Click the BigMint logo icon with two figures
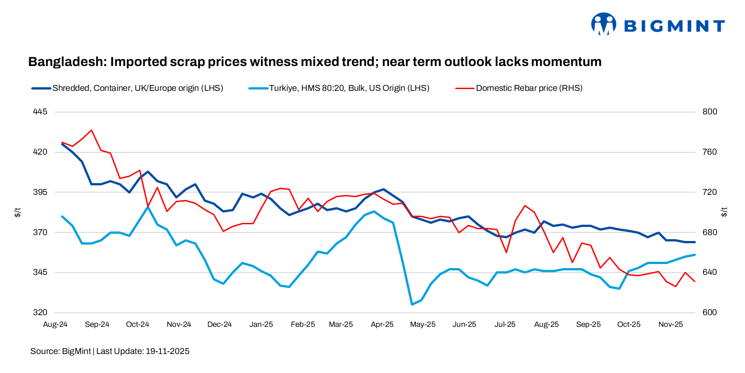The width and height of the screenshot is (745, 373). pos(604,24)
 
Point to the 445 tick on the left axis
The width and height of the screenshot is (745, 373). pos(40,112)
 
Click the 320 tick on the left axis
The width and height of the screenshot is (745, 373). pos(40,312)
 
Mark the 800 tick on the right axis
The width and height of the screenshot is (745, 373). pos(709,112)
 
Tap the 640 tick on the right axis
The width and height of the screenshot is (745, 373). pos(709,272)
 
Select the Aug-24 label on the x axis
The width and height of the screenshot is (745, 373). pos(55,325)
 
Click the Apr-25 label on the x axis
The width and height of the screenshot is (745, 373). pos(382,325)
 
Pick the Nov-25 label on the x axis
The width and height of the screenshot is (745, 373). pos(670,325)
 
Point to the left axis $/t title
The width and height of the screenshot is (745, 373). pos(18,212)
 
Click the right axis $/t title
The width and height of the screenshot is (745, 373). pos(724,212)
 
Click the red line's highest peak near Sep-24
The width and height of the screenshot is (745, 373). pos(92,130)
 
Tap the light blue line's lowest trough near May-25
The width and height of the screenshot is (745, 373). pos(411,304)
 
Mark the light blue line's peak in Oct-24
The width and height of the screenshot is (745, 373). pos(148,207)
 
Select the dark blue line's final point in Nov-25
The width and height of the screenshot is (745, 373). pos(694,242)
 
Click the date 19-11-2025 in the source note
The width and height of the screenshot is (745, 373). pos(168,351)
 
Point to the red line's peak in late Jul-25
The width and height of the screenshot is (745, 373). pos(525,205)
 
